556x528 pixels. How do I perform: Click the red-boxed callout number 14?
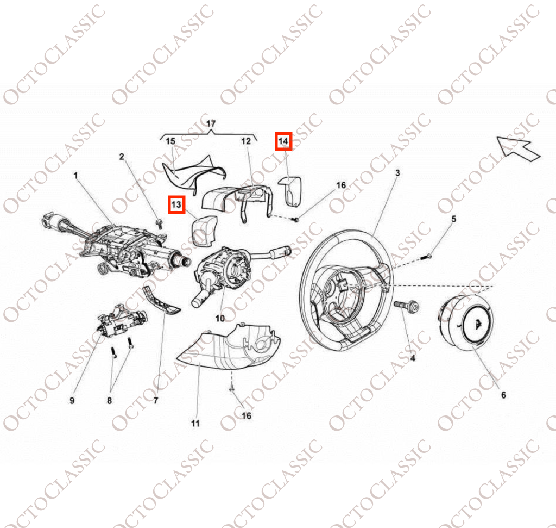(x=283, y=141)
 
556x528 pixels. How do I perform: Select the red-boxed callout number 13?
(x=176, y=205)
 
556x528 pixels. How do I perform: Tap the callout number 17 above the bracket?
(x=211, y=123)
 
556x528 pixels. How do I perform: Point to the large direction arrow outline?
(x=518, y=149)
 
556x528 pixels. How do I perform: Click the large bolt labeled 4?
(x=406, y=306)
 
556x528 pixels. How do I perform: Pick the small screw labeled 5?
(x=427, y=257)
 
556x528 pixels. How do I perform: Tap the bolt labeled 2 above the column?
(x=159, y=223)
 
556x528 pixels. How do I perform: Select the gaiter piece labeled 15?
(x=193, y=173)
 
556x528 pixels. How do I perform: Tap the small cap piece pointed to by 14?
(x=290, y=191)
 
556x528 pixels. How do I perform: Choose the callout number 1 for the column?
(x=75, y=176)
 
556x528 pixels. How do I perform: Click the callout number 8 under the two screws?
(x=109, y=401)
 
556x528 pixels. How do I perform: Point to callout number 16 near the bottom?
(x=247, y=416)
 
